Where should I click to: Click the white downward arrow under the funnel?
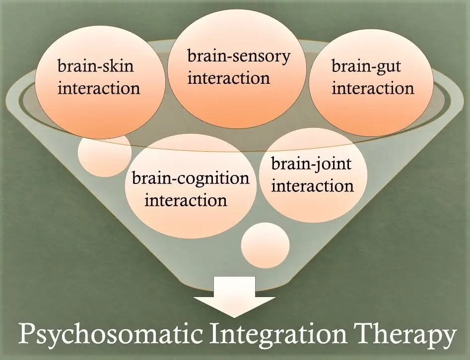(x=234, y=297)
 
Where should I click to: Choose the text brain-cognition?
(x=191, y=179)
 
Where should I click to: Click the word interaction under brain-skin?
(x=99, y=88)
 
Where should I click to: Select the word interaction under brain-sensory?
(x=229, y=78)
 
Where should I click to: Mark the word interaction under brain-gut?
(x=373, y=88)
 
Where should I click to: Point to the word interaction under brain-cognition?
(x=186, y=200)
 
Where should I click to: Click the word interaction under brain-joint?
(x=312, y=185)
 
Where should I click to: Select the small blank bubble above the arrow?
(x=265, y=245)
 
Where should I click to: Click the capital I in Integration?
(x=214, y=333)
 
